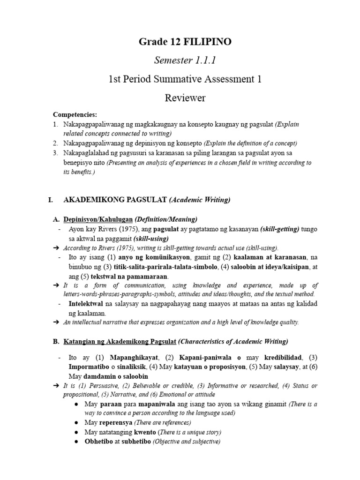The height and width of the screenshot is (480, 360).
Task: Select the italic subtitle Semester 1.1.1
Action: point(180,61)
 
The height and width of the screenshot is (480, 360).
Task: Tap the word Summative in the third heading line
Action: point(183,79)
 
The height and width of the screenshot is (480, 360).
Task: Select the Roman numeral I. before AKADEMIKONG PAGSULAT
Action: point(51,200)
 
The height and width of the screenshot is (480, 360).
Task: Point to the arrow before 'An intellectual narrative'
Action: point(57,322)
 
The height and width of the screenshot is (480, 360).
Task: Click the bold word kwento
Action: point(147,432)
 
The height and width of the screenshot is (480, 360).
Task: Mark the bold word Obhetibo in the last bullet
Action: point(100,442)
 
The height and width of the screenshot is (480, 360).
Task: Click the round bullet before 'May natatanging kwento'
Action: point(77,432)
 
